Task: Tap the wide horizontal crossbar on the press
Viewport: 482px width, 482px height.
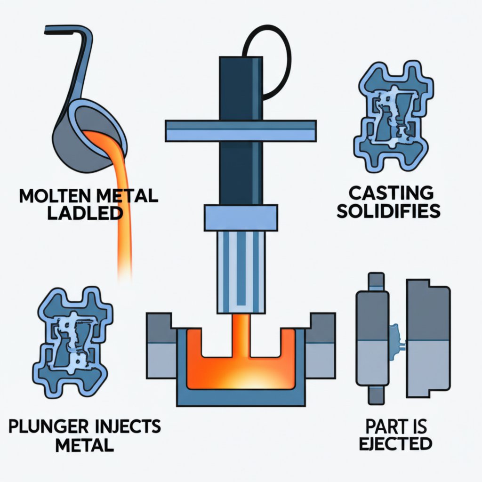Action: click(241, 130)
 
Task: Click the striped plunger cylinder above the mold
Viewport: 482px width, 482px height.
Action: click(241, 273)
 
